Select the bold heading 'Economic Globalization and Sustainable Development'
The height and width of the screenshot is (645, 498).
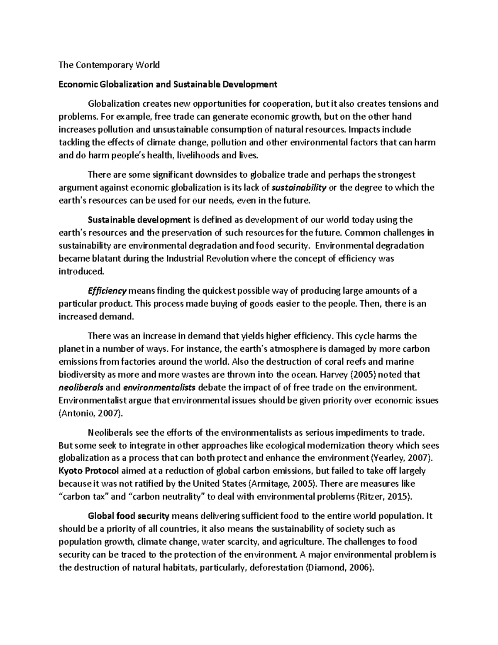[168, 85]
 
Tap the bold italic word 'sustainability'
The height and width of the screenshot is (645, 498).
[299, 187]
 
